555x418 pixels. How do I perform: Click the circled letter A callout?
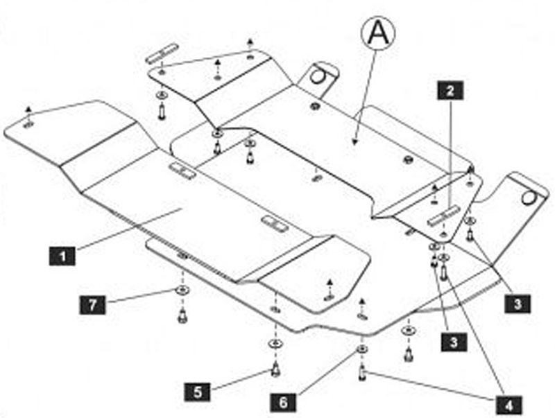pos(377,32)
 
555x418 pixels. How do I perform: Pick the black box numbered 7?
pos(91,303)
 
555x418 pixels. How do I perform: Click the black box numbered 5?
pos(198,392)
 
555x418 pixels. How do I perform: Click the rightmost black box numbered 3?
pos(518,303)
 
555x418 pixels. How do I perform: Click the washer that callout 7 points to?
pos(182,289)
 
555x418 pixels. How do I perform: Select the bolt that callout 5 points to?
pos(275,367)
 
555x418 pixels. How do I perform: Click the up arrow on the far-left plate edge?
pos(28,110)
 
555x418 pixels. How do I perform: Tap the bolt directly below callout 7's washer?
pos(182,316)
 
